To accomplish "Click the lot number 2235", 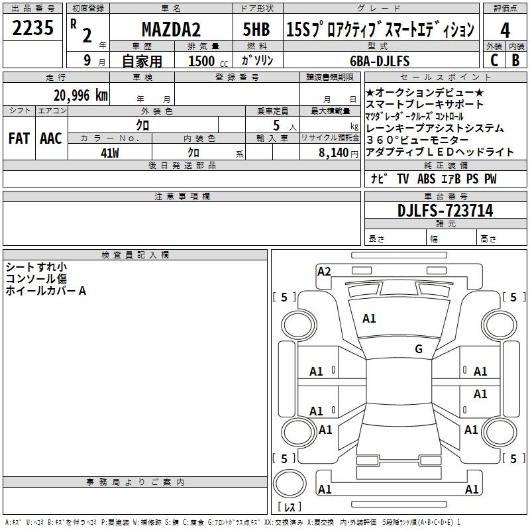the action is (x=33, y=29).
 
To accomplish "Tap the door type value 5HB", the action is (x=256, y=30).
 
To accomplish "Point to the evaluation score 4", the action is (x=505, y=30).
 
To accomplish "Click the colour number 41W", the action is (x=110, y=152).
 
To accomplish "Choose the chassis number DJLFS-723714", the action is (x=445, y=211).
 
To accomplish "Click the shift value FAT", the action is (x=19, y=138).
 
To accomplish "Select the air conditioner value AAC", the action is (x=51, y=138).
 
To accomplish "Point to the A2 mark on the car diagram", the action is (x=324, y=271).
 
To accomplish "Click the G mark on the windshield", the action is (x=419, y=348).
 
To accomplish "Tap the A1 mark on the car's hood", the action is (x=369, y=318).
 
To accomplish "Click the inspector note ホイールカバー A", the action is (x=46, y=290).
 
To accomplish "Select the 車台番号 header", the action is (x=445, y=197).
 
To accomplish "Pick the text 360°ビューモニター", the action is (x=417, y=140).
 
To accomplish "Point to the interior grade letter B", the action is (x=515, y=60).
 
